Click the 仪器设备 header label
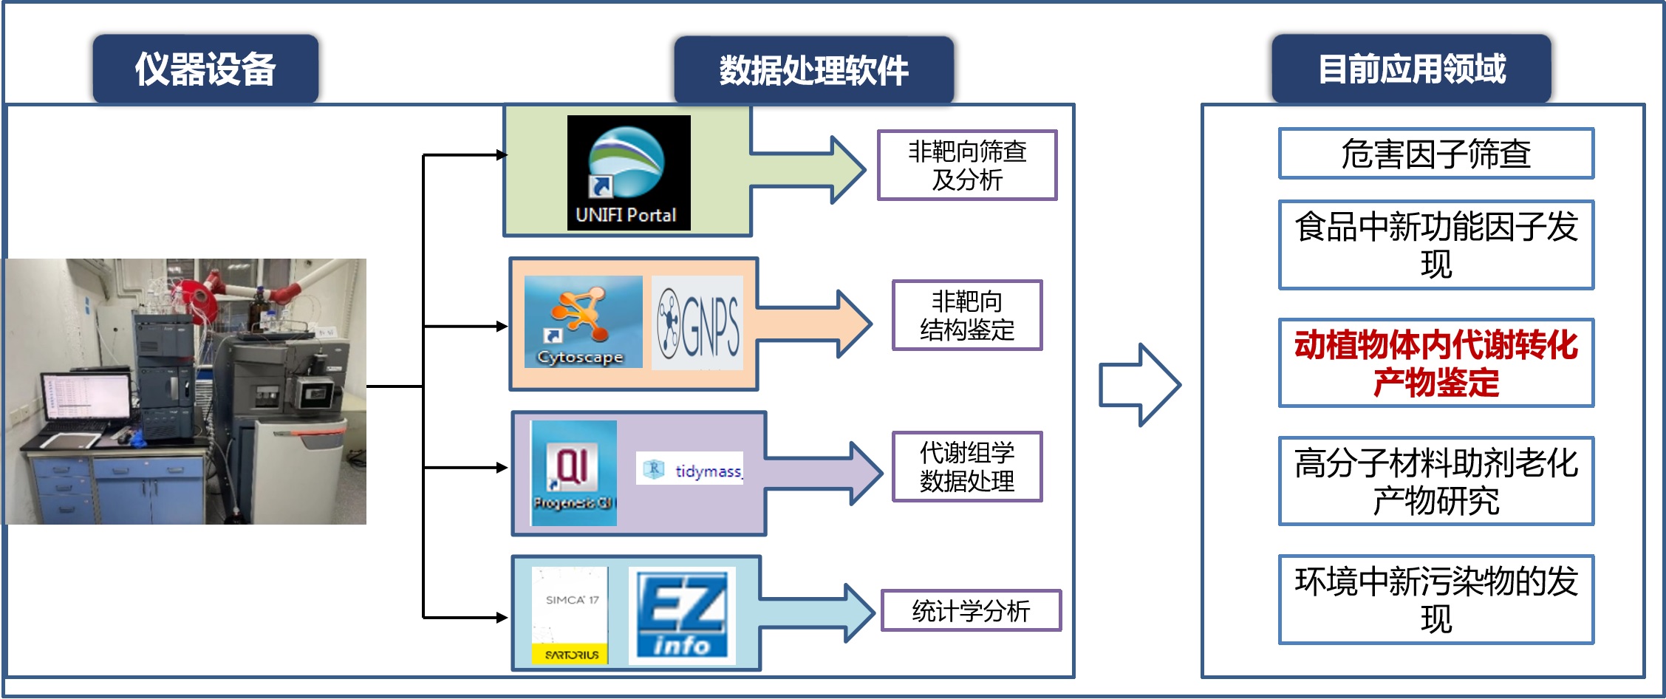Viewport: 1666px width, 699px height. [205, 69]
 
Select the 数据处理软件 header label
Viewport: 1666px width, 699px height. [813, 70]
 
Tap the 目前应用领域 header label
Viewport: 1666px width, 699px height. [1411, 69]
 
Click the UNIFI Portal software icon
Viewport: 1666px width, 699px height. [628, 172]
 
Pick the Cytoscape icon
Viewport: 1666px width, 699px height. [583, 322]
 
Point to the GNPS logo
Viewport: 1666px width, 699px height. [698, 324]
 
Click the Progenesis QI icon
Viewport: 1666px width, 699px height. [573, 473]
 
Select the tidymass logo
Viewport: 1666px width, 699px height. [689, 469]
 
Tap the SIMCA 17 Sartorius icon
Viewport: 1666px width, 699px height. [570, 615]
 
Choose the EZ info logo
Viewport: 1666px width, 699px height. [682, 615]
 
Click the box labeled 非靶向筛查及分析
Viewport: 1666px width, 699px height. [966, 166]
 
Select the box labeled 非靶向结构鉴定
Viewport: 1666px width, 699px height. [966, 316]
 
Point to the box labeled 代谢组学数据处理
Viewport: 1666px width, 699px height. [966, 467]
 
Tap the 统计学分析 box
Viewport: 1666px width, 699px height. [970, 611]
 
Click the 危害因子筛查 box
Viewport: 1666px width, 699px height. [1435, 154]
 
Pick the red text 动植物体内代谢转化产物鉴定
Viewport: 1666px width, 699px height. [1435, 363]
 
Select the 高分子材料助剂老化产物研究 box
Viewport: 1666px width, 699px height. [1435, 481]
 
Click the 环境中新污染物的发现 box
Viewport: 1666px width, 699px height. [1435, 599]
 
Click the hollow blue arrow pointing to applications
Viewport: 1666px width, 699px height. [1138, 385]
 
